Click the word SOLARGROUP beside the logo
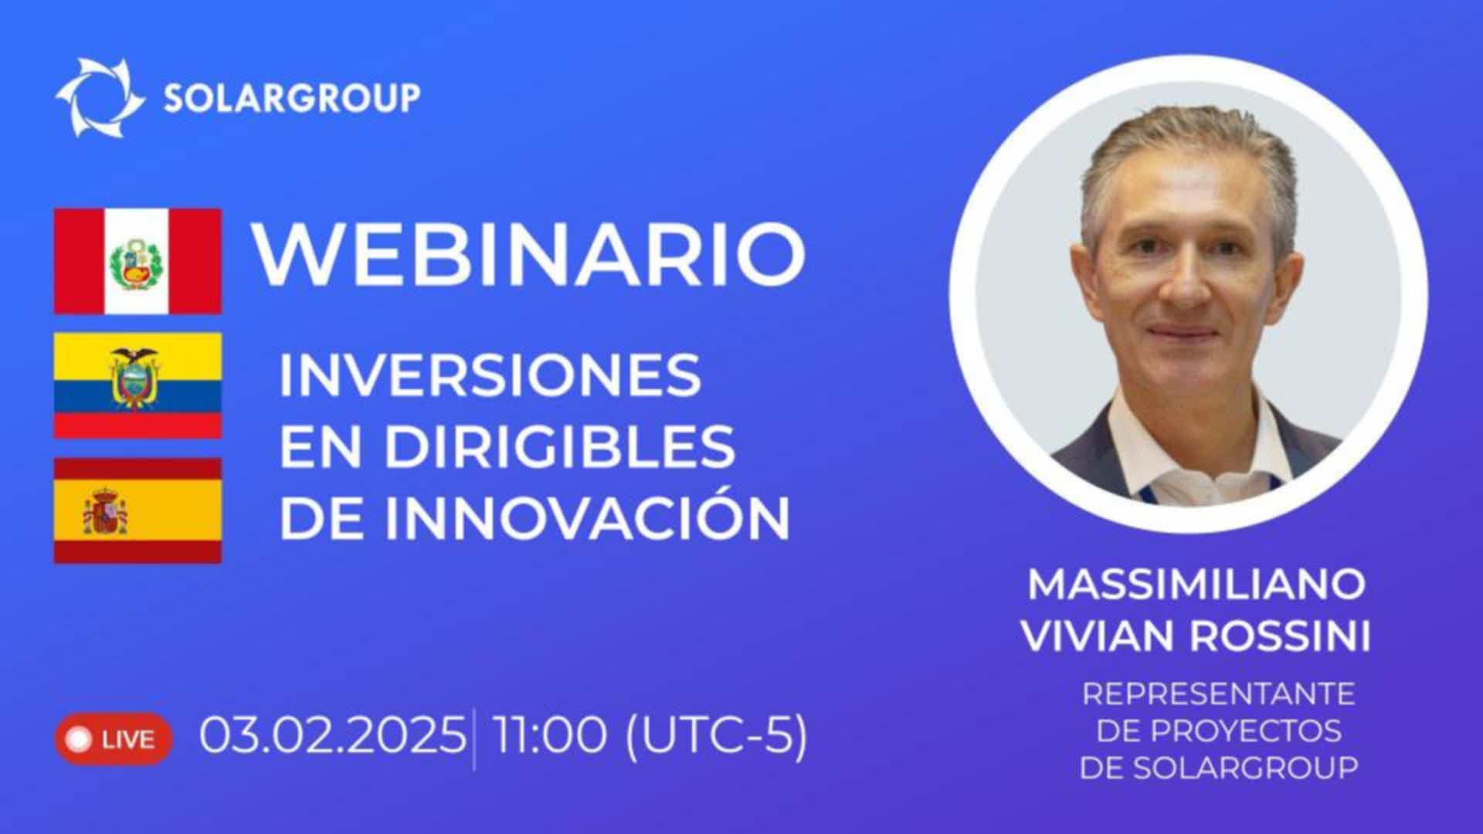tap(292, 97)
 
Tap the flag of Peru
tap(137, 261)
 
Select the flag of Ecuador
tap(137, 385)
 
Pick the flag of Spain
tap(137, 510)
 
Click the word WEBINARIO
tap(530, 254)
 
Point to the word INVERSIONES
tap(490, 375)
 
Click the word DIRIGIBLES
tap(560, 446)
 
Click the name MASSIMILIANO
tap(1196, 585)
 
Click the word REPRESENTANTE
tap(1219, 693)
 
